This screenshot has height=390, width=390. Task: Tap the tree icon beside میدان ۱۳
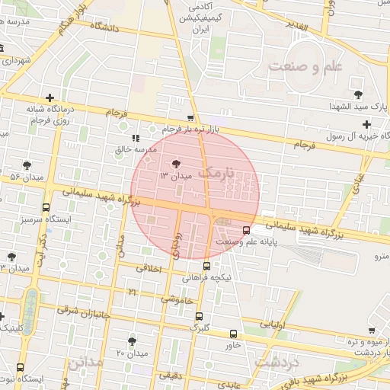point(176,163)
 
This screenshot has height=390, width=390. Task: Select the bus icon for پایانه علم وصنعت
point(246,229)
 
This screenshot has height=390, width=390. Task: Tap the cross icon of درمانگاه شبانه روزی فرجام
point(50,98)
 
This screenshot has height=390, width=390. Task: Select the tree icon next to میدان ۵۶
point(27,165)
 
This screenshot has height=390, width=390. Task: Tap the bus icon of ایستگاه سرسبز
point(46,207)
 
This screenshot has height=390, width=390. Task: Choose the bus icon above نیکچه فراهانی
point(207,265)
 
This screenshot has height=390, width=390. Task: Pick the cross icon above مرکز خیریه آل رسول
point(367,124)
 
